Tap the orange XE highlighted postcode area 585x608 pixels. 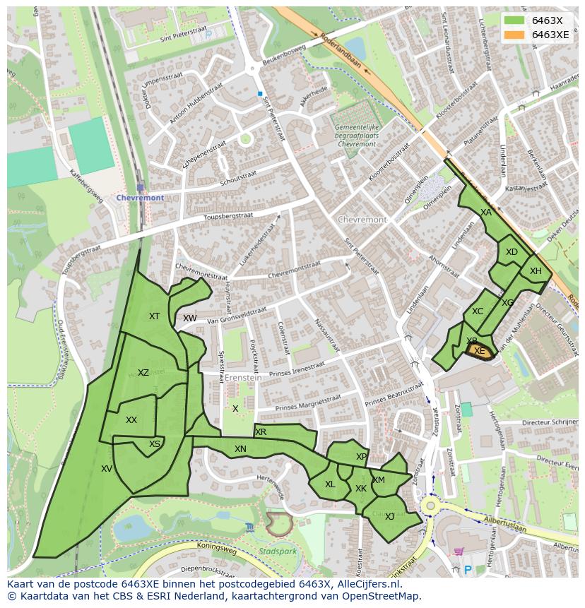(480, 352)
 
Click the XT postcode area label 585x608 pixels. (154, 316)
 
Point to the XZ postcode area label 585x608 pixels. (143, 373)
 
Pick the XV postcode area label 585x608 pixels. (107, 468)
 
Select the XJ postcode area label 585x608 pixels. (389, 516)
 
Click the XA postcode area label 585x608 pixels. (485, 212)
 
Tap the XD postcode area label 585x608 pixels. (512, 252)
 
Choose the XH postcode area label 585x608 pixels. (536, 271)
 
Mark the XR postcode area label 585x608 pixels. (261, 432)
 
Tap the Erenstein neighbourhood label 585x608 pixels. (243, 378)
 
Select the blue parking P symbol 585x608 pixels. (467, 569)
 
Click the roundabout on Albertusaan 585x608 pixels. (430, 506)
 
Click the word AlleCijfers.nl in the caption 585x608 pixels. (367, 584)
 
